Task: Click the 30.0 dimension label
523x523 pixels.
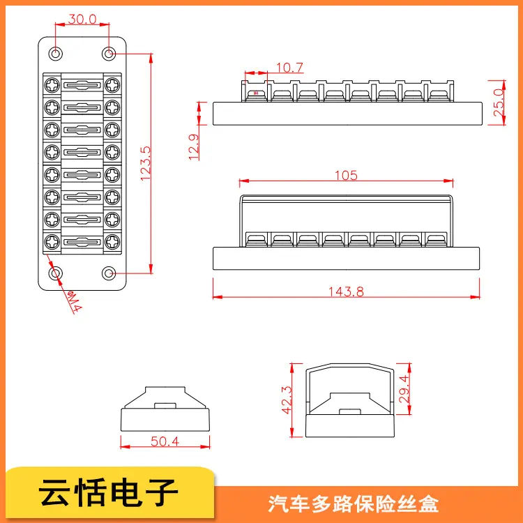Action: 82,19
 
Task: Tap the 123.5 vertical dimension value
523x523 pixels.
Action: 146,163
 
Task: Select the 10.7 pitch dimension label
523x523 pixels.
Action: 289,68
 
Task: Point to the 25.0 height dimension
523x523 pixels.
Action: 499,103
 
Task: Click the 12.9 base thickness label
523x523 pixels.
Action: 194,146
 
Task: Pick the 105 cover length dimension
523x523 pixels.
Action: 346,175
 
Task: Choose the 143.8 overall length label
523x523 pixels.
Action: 346,291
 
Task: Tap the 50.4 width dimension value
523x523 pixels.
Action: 165,441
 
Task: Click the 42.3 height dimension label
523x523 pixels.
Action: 287,400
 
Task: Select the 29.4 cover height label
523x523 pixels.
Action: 404,389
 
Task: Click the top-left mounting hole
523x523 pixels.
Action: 56,54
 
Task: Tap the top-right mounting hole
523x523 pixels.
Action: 108,54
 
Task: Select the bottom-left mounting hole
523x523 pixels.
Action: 56,273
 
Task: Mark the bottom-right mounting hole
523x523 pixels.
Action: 108,273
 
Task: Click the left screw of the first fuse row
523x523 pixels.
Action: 52,85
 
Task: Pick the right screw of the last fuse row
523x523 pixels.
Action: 112,242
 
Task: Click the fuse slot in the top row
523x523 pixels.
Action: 82,85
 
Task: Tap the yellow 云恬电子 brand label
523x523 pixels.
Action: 108,493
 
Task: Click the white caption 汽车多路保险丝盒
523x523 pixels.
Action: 354,503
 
